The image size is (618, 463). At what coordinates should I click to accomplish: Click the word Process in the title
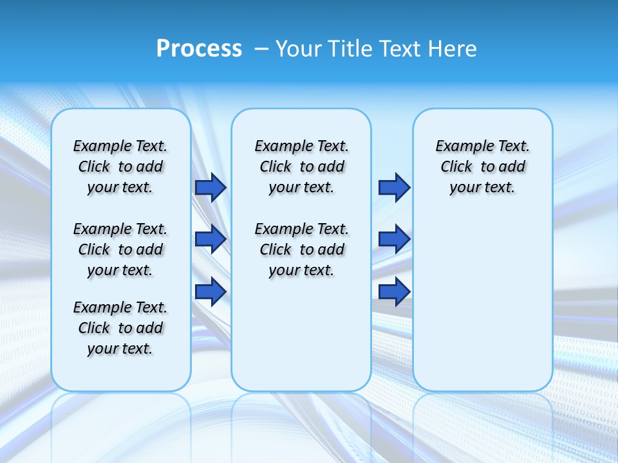click(199, 49)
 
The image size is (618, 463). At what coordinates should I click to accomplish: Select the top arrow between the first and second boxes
click(211, 187)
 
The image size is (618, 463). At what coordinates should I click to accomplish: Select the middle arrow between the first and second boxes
click(211, 239)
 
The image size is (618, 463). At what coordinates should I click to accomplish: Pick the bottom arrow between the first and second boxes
click(211, 292)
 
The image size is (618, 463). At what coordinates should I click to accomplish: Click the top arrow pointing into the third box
click(394, 187)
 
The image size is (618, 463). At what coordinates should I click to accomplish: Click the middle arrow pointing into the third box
click(394, 239)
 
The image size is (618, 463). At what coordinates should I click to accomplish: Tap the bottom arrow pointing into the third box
click(394, 292)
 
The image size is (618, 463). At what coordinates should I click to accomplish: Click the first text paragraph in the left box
click(120, 167)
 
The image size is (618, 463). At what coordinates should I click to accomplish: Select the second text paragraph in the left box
click(120, 250)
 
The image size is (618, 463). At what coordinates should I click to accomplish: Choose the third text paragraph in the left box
click(120, 328)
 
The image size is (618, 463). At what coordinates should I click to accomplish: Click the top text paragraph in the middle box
click(301, 167)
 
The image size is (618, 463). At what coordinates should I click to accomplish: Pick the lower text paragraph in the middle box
click(301, 250)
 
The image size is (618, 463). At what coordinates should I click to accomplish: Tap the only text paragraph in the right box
click(482, 167)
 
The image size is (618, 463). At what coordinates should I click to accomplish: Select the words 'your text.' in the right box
click(482, 188)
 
